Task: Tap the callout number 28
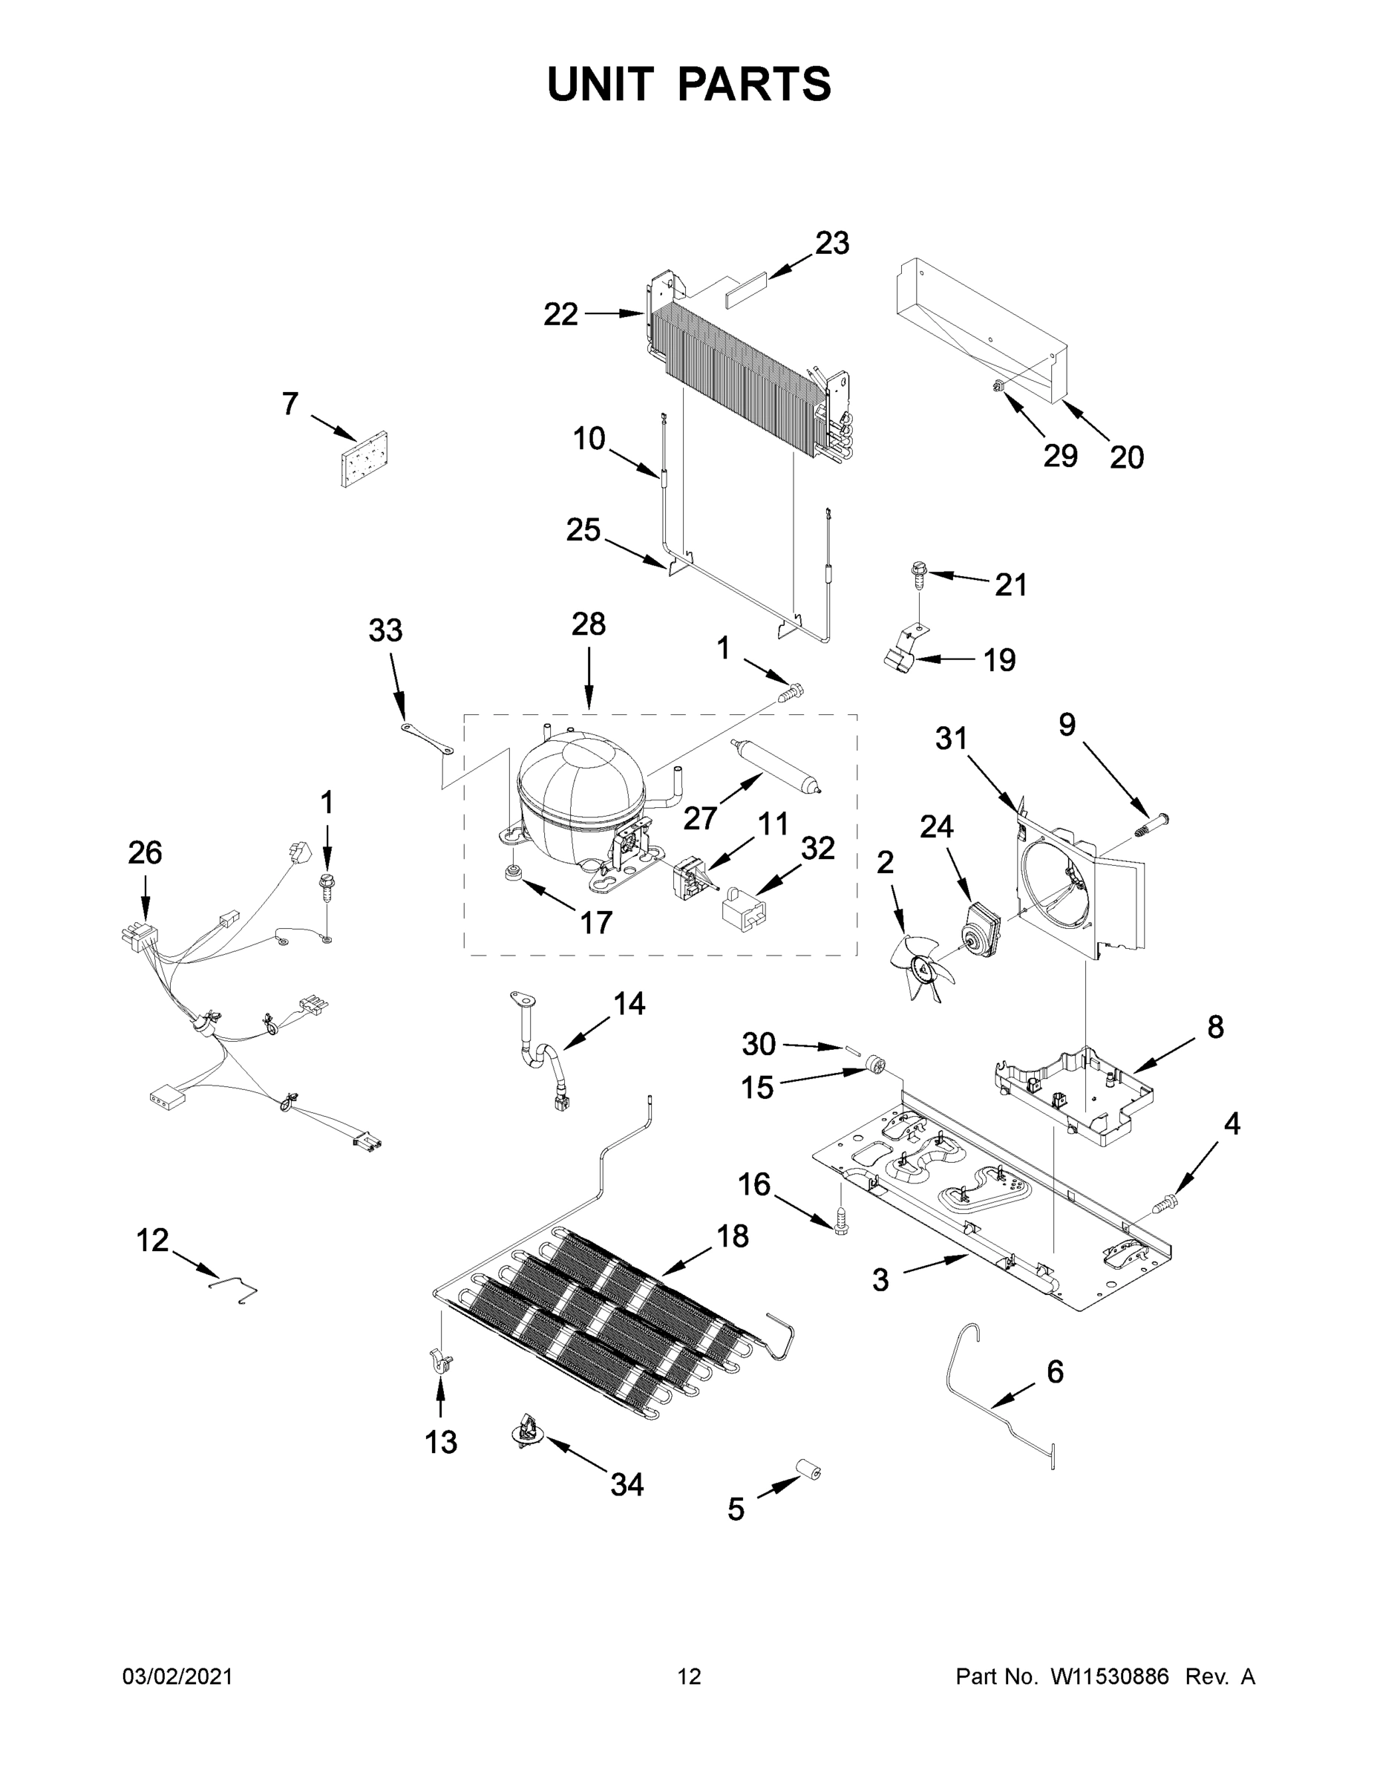588,624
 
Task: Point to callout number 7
290,404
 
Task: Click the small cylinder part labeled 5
808,1471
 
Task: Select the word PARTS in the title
755,84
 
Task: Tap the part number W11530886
1110,1677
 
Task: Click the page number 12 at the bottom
690,1677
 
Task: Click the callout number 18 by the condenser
732,1236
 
